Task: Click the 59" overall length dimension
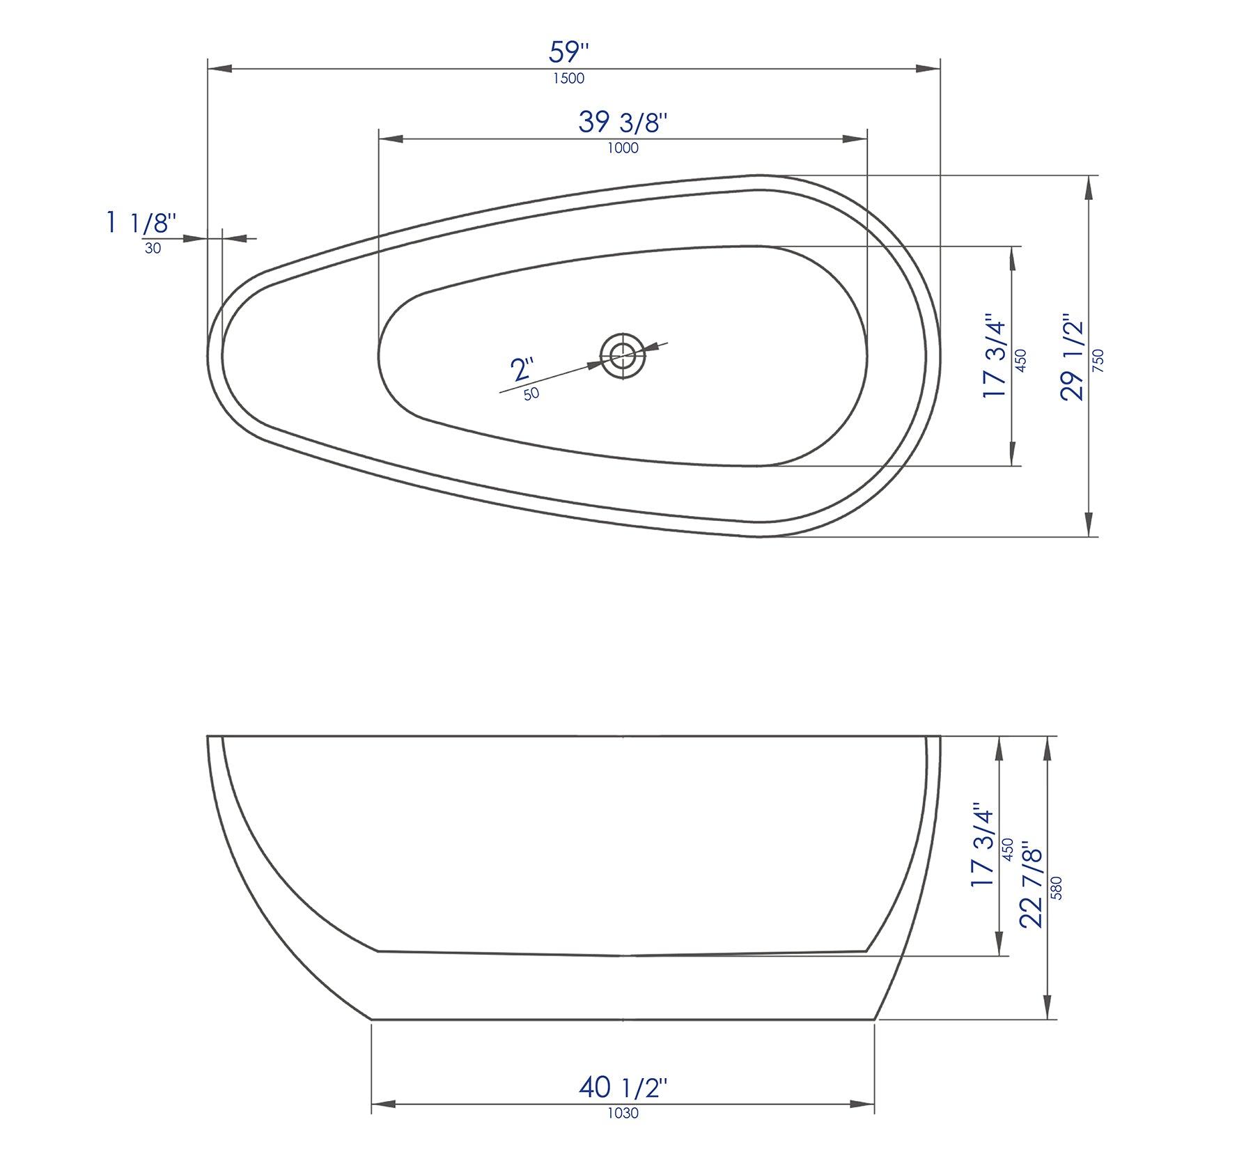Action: pyautogui.click(x=569, y=52)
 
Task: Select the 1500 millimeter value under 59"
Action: pyautogui.click(x=568, y=79)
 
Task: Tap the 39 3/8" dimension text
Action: pyautogui.click(x=623, y=123)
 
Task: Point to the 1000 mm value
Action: pyautogui.click(x=623, y=148)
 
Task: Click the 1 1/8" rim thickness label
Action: pyautogui.click(x=141, y=223)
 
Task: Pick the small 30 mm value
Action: pyautogui.click(x=153, y=249)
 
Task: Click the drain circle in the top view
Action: pyautogui.click(x=623, y=356)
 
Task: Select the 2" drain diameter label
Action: pyautogui.click(x=522, y=368)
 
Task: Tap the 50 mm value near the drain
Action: pyautogui.click(x=531, y=393)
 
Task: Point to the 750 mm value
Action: pyautogui.click(x=1098, y=361)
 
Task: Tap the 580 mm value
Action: pyautogui.click(x=1057, y=887)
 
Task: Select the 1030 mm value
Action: pyautogui.click(x=623, y=1113)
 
